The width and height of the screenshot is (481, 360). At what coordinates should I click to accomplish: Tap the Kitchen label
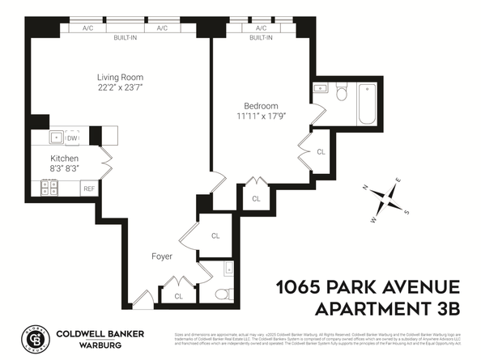(x=64, y=158)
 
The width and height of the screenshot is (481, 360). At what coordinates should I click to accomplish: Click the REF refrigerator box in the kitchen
(x=89, y=188)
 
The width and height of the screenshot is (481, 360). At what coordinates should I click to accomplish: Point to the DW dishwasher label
(x=72, y=138)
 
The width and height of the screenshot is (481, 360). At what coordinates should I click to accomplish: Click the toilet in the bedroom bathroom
(x=341, y=95)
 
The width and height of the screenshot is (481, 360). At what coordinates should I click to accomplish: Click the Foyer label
(x=162, y=256)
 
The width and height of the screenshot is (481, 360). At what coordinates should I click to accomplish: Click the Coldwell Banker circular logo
(x=34, y=339)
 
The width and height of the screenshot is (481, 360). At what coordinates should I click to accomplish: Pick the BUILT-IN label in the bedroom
(x=261, y=38)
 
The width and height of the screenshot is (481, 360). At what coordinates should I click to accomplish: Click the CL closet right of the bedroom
(x=321, y=151)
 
